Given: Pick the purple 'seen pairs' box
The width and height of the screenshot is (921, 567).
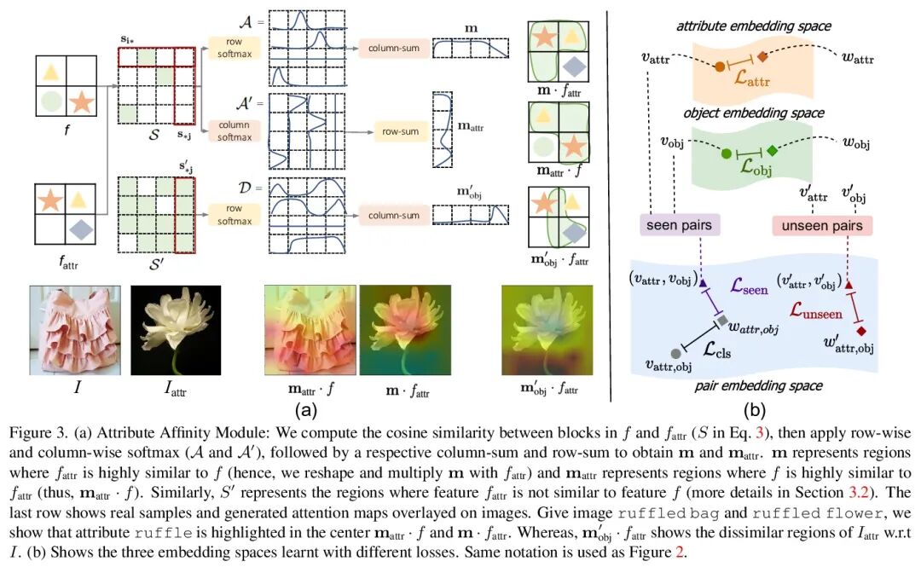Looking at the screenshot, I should tap(680, 225).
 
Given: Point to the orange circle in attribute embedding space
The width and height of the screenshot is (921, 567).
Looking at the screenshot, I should tap(721, 67).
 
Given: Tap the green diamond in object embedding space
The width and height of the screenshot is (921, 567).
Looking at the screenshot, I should tap(772, 151).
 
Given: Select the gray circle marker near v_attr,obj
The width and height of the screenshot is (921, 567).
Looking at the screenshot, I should tap(675, 352).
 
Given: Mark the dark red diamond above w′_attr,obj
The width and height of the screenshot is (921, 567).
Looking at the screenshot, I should tap(862, 330).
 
